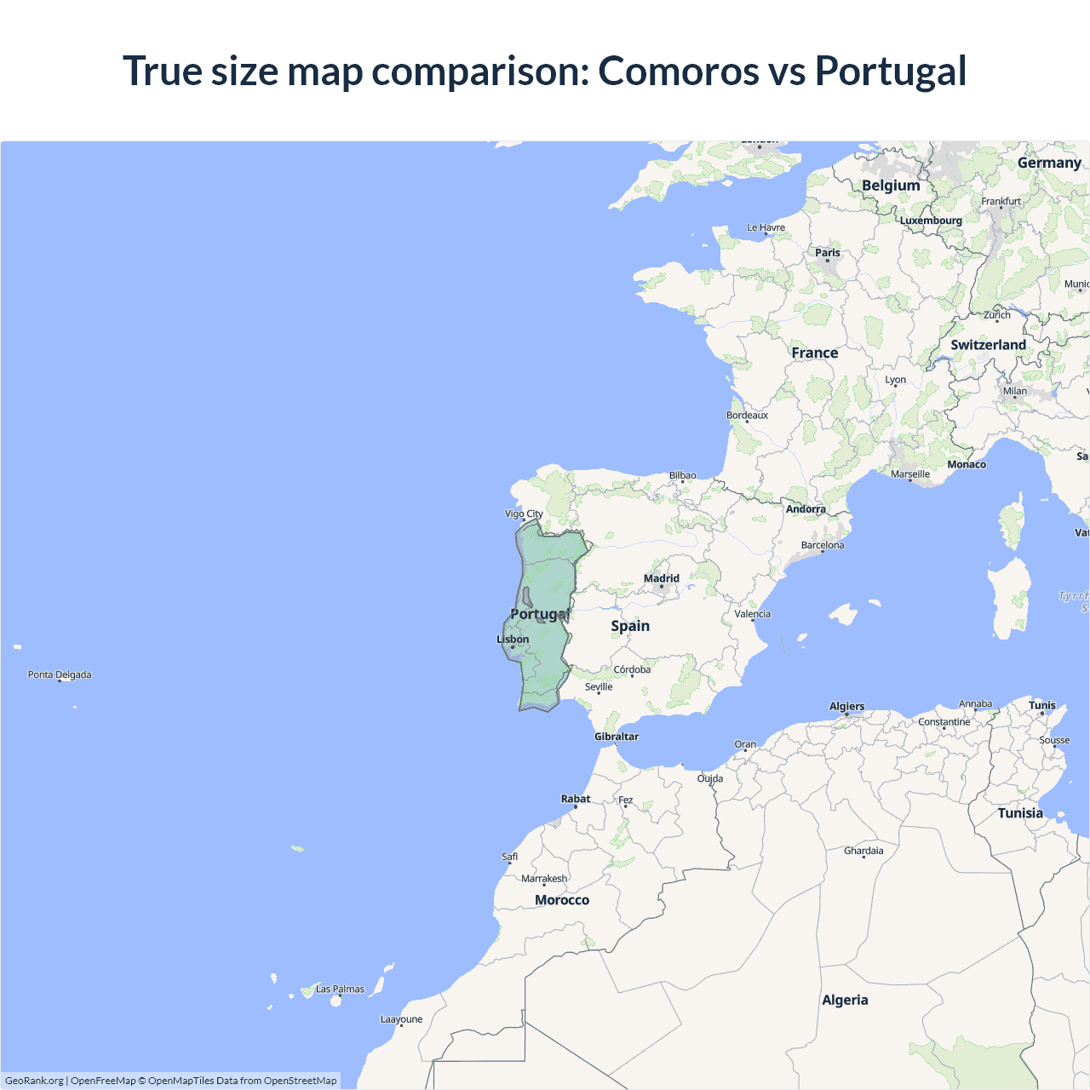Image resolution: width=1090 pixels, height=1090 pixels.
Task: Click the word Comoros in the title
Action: [678, 72]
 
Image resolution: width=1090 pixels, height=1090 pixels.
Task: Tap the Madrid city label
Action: [662, 578]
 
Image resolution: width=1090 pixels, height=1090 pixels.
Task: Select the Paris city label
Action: [827, 253]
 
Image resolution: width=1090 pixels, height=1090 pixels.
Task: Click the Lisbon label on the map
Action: [513, 640]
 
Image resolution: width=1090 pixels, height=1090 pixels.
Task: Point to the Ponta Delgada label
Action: [60, 674]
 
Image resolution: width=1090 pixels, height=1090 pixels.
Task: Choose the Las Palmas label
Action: [340, 990]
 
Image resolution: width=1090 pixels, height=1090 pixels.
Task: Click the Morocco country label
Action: [562, 900]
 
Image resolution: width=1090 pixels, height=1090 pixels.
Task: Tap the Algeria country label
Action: [845, 1000]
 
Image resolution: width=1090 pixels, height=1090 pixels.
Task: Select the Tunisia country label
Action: [1020, 813]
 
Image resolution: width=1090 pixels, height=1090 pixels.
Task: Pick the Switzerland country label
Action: [988, 345]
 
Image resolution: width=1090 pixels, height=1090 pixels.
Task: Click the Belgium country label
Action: [891, 186]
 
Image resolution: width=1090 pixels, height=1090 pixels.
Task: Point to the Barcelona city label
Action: [823, 545]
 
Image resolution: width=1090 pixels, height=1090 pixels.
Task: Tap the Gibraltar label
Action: [617, 737]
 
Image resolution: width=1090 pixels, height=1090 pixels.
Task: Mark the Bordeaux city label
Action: [747, 416]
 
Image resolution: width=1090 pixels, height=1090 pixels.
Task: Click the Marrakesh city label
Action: [544, 879]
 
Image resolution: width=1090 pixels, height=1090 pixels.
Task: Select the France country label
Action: [814, 353]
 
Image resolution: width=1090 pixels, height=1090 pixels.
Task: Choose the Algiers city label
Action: [846, 706]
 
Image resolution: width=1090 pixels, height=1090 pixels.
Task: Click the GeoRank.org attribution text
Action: [34, 1081]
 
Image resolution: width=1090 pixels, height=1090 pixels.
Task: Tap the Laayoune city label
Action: [401, 1019]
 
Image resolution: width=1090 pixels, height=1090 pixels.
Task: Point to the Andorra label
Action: [806, 509]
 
